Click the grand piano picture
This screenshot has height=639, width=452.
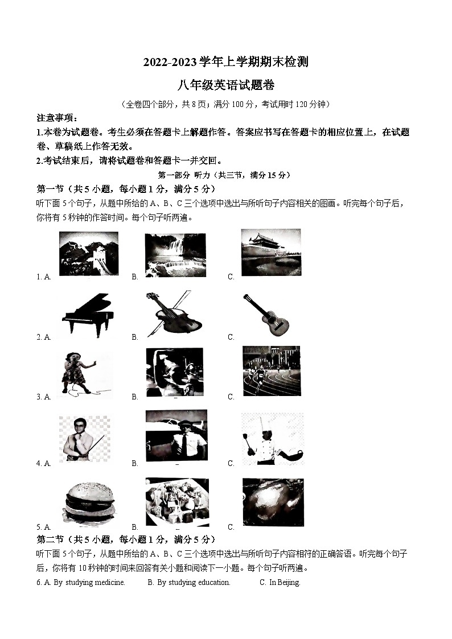[x=87, y=315]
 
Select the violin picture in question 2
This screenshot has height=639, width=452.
[x=174, y=315]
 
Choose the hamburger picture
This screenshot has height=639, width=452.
[x=88, y=503]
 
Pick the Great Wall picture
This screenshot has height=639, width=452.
[x=89, y=253]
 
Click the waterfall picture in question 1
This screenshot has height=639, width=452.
[x=175, y=254]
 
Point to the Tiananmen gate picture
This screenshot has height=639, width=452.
[x=270, y=252]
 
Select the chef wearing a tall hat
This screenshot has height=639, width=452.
[x=272, y=439]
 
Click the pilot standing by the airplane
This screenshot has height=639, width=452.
[x=176, y=436]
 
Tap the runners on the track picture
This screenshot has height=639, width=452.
[x=272, y=370]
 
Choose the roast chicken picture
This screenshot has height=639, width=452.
[x=273, y=502]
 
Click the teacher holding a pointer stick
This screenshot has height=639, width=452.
[x=84, y=438]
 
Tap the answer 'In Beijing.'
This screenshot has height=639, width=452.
[x=285, y=582]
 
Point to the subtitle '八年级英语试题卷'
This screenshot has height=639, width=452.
[x=226, y=85]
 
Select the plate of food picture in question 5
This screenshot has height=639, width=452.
[x=177, y=501]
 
